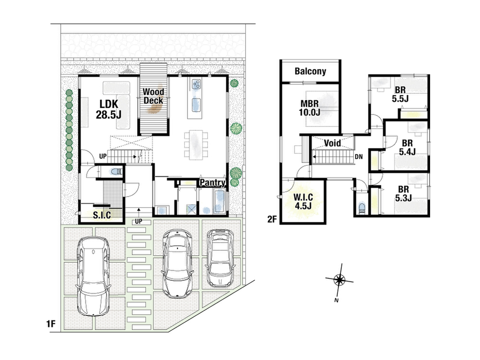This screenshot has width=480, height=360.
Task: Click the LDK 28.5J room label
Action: click(x=108, y=109)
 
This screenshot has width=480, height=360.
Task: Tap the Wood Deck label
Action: click(x=153, y=96)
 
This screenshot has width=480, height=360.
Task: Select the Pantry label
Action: click(x=212, y=183)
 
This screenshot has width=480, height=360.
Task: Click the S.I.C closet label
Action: click(x=102, y=215)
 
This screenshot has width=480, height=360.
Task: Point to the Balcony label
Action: click(x=310, y=72)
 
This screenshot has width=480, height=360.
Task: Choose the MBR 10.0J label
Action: click(x=310, y=108)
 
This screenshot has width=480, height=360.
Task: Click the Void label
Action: click(x=332, y=143)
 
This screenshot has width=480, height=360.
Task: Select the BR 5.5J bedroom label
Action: click(x=400, y=94)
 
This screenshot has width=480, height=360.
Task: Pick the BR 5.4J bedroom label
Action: click(x=407, y=148)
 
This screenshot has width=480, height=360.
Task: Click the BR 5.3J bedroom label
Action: click(x=403, y=194)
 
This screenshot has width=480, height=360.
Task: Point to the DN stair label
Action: click(x=359, y=157)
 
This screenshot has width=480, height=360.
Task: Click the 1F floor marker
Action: click(x=51, y=324)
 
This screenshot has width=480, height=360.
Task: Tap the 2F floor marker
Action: click(x=272, y=219)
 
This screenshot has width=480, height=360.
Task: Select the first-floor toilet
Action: click(x=116, y=172)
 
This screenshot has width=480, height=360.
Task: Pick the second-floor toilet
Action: click(x=362, y=208)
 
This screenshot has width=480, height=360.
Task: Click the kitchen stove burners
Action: click(x=197, y=84)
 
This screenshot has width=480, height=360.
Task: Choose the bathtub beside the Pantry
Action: click(x=219, y=202)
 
